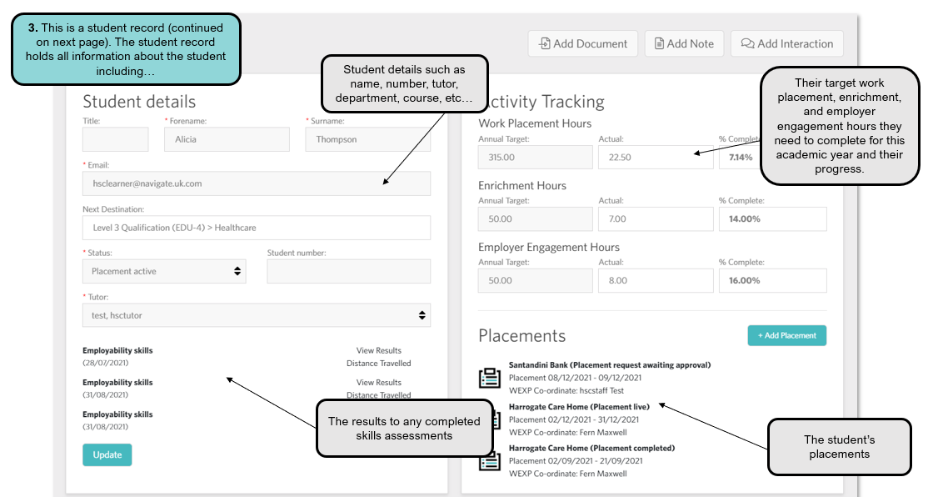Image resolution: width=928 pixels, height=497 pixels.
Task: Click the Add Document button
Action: click(x=583, y=43)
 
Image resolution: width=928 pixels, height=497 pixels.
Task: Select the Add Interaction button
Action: click(x=786, y=43)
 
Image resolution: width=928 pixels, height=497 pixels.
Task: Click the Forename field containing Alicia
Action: click(x=227, y=139)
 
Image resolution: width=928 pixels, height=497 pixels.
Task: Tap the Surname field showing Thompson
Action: click(x=367, y=139)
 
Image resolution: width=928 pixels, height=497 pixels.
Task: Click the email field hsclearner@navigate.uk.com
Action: click(x=257, y=183)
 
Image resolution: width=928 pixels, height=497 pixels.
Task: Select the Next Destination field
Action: click(x=257, y=228)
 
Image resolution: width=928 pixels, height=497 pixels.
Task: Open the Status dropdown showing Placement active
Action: click(x=164, y=271)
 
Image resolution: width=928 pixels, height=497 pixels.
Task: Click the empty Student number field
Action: click(x=348, y=271)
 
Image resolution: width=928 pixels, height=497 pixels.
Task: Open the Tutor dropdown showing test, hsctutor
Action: click(x=257, y=315)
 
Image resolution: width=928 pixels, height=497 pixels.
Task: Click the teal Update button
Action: click(x=107, y=454)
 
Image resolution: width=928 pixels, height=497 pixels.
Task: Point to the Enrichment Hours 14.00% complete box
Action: click(x=772, y=219)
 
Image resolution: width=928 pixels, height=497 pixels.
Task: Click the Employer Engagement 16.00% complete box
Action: click(x=772, y=281)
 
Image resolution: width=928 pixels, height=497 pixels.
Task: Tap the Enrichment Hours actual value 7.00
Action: click(x=655, y=219)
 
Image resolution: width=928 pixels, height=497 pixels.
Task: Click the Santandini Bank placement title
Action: click(x=609, y=365)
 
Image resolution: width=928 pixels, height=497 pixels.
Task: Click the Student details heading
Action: click(x=139, y=102)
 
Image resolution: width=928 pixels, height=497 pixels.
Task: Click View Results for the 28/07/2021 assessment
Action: click(x=378, y=351)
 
